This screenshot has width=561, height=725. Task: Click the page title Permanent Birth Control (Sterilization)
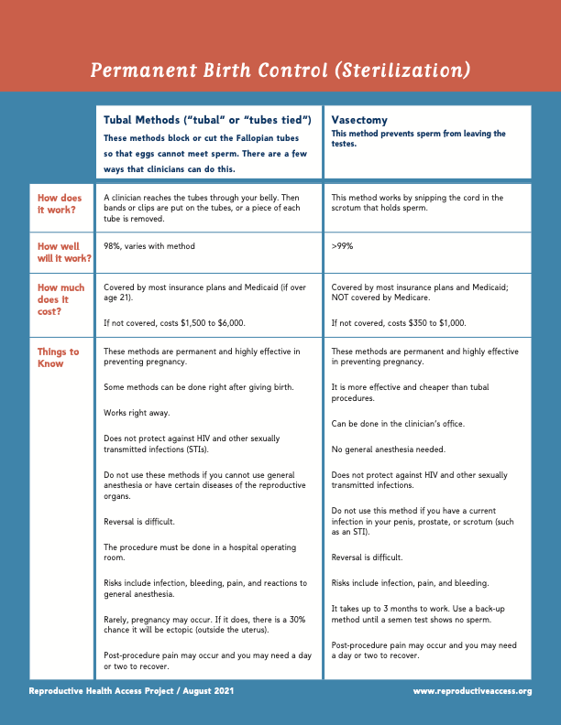pyautogui.click(x=280, y=70)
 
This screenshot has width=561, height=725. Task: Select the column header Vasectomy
pyautogui.click(x=359, y=120)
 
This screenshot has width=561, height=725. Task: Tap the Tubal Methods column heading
pyautogui.click(x=208, y=120)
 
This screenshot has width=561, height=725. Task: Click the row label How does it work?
pyautogui.click(x=60, y=203)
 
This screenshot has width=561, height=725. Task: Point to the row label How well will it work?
pyautogui.click(x=64, y=252)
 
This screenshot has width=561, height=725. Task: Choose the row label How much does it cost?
pyautogui.click(x=60, y=299)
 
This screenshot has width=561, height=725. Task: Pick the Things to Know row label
pyautogui.click(x=58, y=357)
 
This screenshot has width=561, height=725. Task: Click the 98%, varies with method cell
pyautogui.click(x=148, y=246)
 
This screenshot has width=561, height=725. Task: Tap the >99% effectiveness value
pyautogui.click(x=342, y=246)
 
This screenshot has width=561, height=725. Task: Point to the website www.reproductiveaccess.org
pyautogui.click(x=472, y=690)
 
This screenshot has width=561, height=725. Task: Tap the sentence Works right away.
pyautogui.click(x=137, y=413)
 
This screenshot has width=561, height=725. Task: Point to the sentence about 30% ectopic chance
pyautogui.click(x=205, y=624)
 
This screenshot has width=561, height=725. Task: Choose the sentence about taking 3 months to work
pyautogui.click(x=424, y=613)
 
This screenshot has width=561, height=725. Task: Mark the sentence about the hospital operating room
pyautogui.click(x=199, y=552)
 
